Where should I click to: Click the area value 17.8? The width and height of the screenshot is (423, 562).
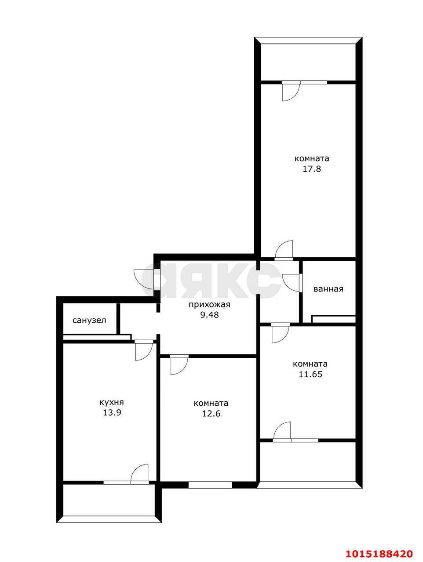point(312,169)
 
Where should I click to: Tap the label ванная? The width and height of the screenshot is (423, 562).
point(328,289)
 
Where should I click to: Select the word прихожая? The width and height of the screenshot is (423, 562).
point(209,304)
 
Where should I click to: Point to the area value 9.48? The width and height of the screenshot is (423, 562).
point(209,315)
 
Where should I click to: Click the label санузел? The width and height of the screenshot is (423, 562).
point(89,320)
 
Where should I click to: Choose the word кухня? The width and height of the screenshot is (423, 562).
point(112,402)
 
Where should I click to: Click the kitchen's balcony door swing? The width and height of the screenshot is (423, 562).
point(140,474)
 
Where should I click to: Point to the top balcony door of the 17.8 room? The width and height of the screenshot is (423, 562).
point(291,91)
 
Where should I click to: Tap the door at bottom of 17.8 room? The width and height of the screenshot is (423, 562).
point(284,250)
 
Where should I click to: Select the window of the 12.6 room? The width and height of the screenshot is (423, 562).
point(210,485)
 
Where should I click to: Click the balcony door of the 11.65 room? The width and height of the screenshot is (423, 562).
point(282,431)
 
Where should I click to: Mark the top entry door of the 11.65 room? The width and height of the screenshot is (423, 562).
point(280,333)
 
